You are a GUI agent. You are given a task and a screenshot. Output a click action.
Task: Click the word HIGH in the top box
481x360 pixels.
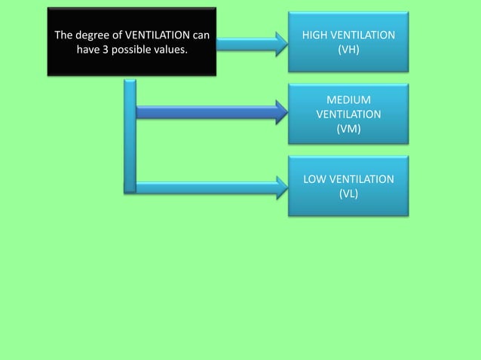(315, 36)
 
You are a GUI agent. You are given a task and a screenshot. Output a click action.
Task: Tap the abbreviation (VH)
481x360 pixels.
(348, 50)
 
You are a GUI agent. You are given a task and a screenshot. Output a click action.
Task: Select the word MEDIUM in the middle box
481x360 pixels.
(348, 100)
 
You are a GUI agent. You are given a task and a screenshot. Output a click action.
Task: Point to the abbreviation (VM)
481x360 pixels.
(348, 129)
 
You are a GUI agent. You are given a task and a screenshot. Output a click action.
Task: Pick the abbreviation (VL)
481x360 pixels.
(348, 194)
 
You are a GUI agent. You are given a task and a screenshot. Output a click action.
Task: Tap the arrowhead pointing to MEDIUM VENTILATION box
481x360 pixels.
(281, 113)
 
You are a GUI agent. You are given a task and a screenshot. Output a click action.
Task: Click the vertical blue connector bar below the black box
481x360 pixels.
(130, 136)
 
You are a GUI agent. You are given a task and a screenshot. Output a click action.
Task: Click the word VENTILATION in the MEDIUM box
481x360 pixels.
(348, 114)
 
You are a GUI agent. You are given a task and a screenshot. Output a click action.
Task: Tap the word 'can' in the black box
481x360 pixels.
(200, 35)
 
